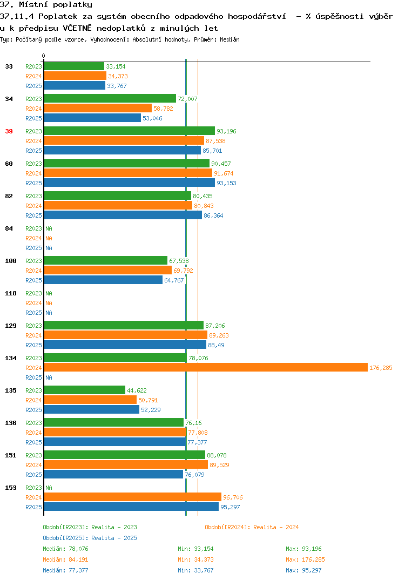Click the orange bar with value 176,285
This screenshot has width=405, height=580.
(206, 367)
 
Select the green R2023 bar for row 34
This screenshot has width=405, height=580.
(110, 98)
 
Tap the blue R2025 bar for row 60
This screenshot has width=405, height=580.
(130, 183)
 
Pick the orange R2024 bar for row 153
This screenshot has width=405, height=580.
(133, 497)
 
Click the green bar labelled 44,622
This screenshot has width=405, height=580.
(85, 390)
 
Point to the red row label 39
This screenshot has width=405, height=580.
(9, 131)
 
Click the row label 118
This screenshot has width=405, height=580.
(11, 293)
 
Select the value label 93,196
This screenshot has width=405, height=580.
(226, 131)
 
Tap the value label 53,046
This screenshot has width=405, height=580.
(152, 118)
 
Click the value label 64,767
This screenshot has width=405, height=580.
(174, 280)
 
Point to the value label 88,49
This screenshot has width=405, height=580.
(216, 345)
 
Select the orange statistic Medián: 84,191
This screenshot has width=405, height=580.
(65, 559)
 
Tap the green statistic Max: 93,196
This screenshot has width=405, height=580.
(303, 549)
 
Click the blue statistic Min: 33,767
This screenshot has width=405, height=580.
(195, 570)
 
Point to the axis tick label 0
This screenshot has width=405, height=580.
(43, 56)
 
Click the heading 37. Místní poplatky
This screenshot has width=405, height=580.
(46, 5)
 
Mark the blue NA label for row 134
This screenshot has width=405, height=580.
(49, 377)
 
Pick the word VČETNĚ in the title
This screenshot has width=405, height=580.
(77, 28)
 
